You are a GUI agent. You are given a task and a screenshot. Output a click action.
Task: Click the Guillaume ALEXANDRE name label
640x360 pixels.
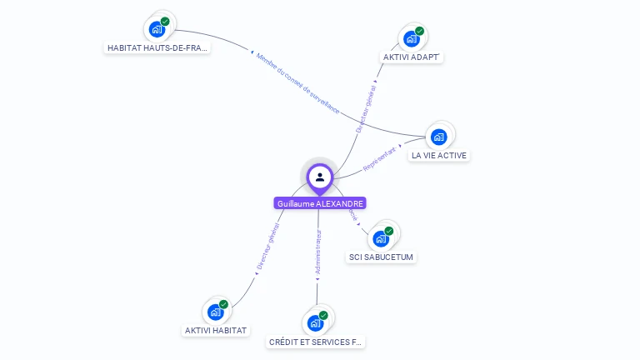click(x=320, y=203)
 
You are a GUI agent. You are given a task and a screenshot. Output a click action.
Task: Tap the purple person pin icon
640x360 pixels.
click(x=320, y=177)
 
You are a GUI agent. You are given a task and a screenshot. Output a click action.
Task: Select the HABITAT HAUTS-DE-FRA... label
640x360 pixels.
click(x=157, y=48)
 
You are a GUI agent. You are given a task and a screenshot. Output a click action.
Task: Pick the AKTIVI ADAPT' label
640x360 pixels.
click(x=412, y=57)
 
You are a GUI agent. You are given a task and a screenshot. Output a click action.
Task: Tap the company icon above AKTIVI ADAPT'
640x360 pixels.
click(x=412, y=38)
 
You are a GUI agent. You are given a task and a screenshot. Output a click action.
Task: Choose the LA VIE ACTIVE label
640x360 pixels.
click(x=439, y=155)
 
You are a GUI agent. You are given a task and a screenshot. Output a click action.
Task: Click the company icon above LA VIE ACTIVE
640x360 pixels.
click(x=439, y=137)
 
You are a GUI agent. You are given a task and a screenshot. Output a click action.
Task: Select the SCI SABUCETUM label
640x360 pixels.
click(x=382, y=257)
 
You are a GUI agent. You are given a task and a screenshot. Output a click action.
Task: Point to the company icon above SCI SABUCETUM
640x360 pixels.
click(x=382, y=238)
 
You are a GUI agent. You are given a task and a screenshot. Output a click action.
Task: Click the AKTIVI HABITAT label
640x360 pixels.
click(x=217, y=330)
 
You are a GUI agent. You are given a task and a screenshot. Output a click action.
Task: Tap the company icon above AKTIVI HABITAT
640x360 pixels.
click(x=216, y=312)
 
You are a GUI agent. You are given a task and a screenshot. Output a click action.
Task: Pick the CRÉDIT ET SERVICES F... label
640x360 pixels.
click(x=317, y=342)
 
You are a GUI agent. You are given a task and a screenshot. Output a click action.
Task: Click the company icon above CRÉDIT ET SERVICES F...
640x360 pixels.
click(x=316, y=322)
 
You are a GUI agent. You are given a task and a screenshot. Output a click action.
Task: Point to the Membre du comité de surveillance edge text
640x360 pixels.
click(x=297, y=83)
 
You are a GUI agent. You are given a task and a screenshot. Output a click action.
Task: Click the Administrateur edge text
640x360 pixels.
click(x=317, y=252)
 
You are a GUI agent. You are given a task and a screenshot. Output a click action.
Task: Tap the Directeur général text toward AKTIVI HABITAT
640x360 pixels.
click(x=268, y=247)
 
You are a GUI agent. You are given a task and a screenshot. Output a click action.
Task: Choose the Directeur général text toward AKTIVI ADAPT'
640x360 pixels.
click(x=365, y=108)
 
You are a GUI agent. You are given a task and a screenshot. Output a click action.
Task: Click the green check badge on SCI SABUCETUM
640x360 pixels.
click(x=389, y=231)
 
